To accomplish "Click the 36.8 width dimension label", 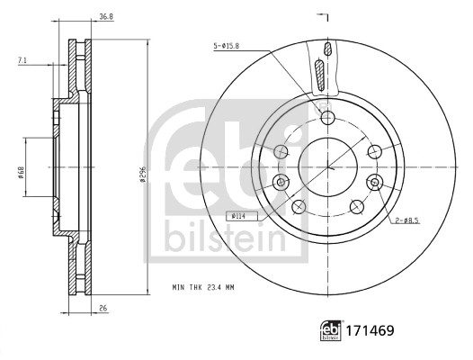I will pos(106,15).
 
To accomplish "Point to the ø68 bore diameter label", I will pos(19,167).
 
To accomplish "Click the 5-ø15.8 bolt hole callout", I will pos(226,46).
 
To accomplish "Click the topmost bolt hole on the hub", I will pos(327,118).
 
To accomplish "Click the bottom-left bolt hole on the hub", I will pos(299,207).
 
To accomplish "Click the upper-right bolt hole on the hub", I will pos(373,151).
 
